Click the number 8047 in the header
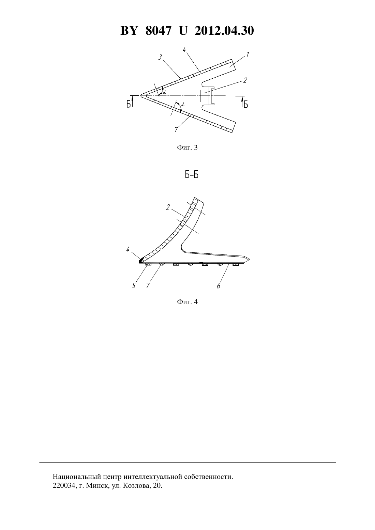click(158, 31)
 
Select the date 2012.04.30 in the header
click(224, 31)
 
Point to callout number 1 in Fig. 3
click(247, 54)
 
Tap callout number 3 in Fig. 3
click(160, 57)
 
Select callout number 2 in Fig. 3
click(245, 80)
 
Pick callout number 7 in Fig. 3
click(176, 130)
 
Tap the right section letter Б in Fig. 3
click(246, 104)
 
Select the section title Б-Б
click(191, 175)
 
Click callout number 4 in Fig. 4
click(128, 249)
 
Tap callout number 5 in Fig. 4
click(134, 286)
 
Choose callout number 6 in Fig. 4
click(219, 286)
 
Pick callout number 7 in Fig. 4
click(148, 286)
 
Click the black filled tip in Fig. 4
click(141, 261)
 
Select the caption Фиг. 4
click(187, 302)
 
